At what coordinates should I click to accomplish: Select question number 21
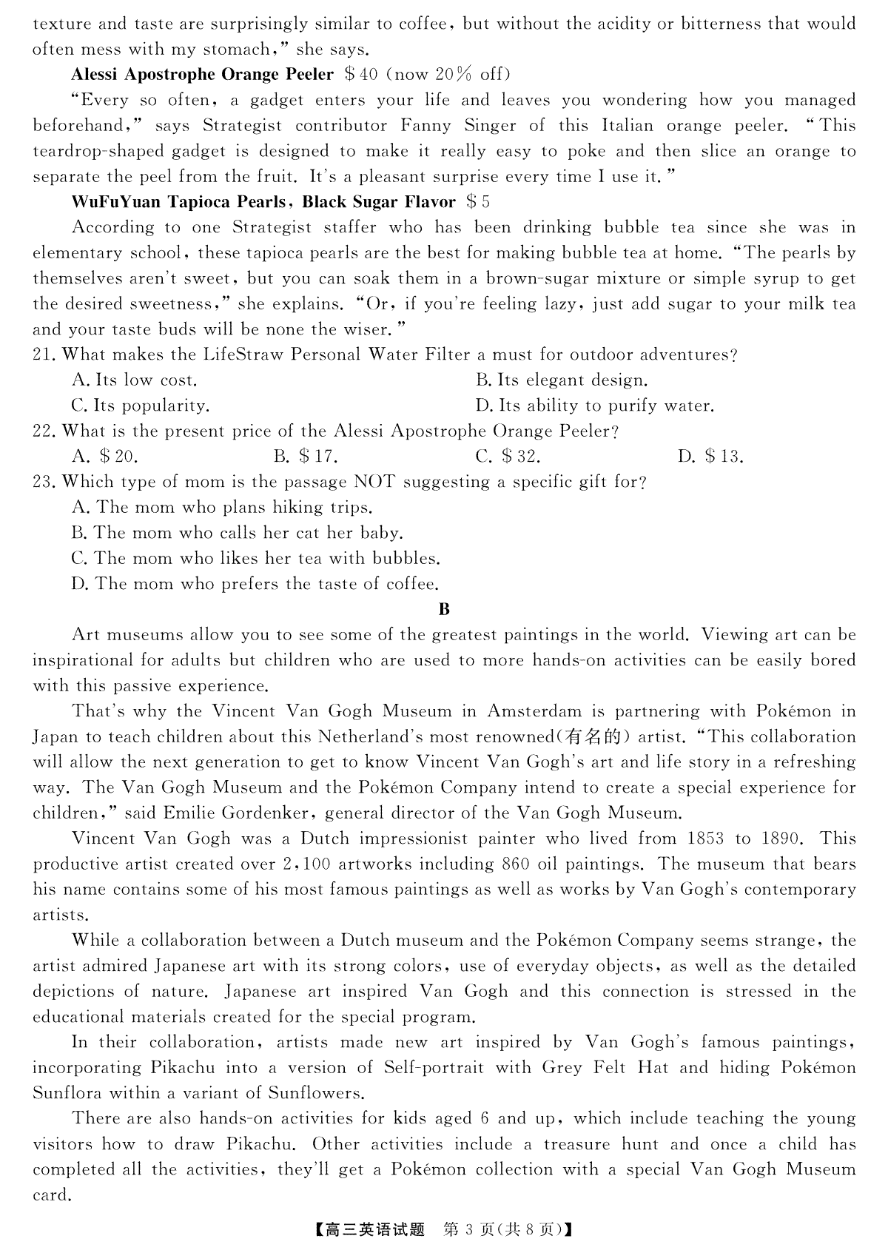pos(44,354)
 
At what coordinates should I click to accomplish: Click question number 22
pos(44,431)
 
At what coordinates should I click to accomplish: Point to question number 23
pos(44,482)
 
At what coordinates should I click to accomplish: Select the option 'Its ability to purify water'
pos(596,406)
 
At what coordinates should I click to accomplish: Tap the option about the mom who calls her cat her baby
pos(237,533)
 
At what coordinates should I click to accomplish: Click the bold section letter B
pos(444,609)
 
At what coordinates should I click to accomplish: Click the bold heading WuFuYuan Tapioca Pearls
pos(178,202)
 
